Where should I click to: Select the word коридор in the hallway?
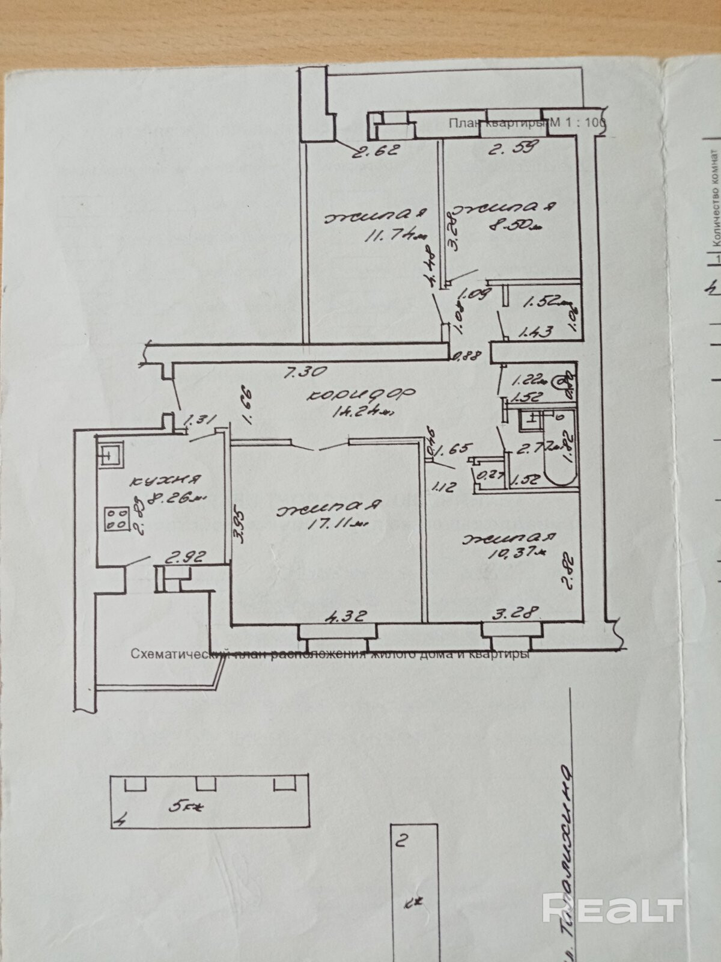(x=361, y=394)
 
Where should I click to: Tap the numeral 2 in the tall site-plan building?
(x=403, y=839)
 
